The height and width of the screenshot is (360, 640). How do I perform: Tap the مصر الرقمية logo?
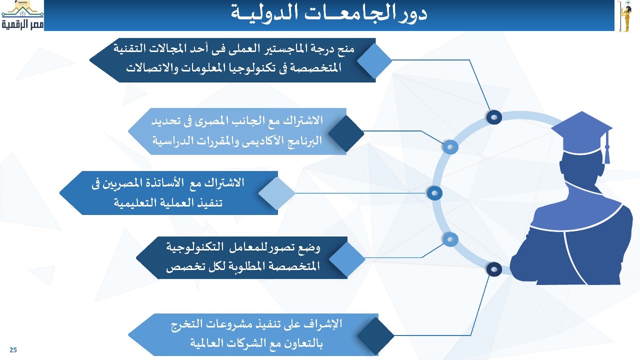22,15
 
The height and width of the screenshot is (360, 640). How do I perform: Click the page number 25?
13,350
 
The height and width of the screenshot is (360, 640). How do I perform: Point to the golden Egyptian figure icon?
625,16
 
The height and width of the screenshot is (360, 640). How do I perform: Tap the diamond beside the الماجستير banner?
374,60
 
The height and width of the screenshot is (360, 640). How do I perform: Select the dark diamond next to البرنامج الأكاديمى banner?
346,133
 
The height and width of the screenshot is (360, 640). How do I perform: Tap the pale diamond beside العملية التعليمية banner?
276,193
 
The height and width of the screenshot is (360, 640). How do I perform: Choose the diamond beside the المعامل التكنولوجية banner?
347,259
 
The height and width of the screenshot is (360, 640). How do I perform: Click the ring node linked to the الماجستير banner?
494,117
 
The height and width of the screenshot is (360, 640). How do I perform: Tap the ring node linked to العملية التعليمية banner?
434,193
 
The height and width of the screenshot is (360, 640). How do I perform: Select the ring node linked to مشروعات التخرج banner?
494,269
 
